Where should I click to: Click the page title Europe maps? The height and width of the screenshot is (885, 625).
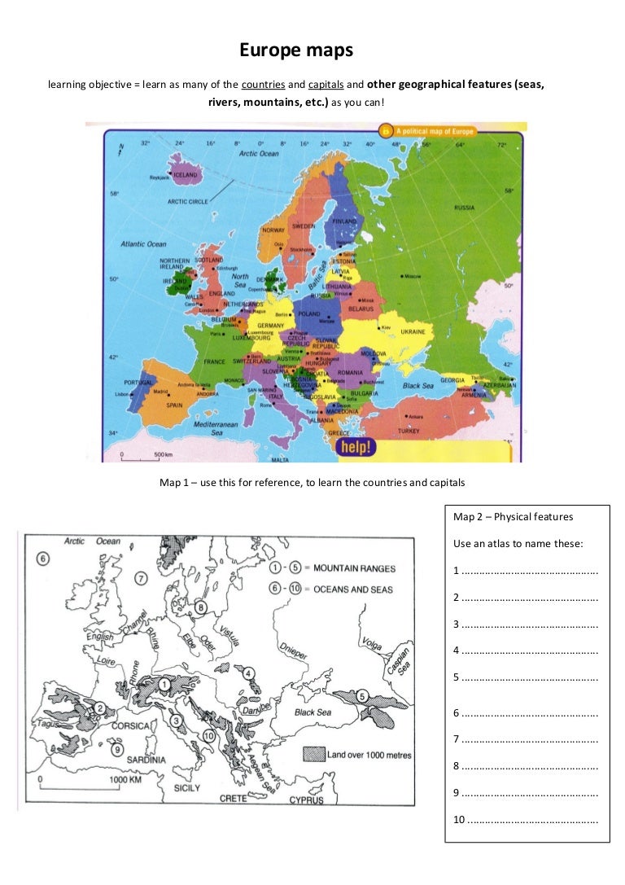tap(296, 50)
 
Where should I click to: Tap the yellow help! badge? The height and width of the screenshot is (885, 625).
tap(357, 447)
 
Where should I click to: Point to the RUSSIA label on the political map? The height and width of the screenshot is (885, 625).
tap(464, 208)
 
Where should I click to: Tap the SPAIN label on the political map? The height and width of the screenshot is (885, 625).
tap(174, 405)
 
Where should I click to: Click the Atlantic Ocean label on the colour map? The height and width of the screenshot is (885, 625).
tap(143, 243)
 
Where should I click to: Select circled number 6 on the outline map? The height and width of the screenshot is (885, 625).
tap(42, 559)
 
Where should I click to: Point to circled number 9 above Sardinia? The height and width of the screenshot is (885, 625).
tap(118, 750)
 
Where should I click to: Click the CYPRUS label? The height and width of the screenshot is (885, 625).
tap(306, 800)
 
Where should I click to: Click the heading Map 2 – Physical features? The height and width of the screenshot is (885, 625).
tap(513, 516)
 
